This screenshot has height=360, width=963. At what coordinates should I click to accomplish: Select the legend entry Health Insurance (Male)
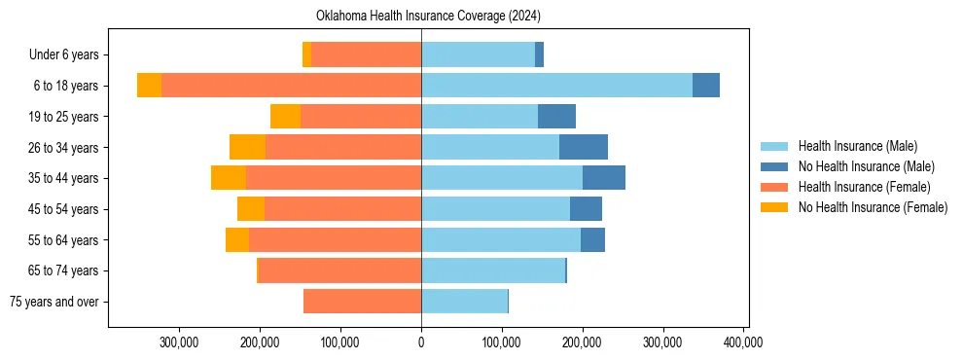[856, 146]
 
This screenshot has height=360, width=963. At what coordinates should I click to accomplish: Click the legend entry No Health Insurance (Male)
[865, 166]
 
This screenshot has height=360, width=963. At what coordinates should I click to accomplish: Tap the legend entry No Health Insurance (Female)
[872, 207]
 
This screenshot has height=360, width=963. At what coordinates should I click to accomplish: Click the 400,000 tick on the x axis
[743, 342]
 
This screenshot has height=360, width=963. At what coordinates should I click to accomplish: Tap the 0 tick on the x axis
[421, 342]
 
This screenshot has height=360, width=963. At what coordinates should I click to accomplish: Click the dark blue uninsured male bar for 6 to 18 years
[706, 86]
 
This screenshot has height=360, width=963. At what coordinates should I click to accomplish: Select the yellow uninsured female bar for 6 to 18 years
[149, 86]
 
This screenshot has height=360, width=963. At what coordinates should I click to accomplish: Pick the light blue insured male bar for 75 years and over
[464, 302]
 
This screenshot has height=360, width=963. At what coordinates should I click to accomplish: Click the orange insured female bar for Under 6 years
[366, 54]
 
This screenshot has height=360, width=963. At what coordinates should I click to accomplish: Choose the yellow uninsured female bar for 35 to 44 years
[229, 178]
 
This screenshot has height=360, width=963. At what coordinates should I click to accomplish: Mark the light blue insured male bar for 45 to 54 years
[495, 209]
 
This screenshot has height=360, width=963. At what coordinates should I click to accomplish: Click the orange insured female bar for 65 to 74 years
[339, 270]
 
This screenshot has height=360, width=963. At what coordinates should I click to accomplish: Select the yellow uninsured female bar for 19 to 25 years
[285, 117]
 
